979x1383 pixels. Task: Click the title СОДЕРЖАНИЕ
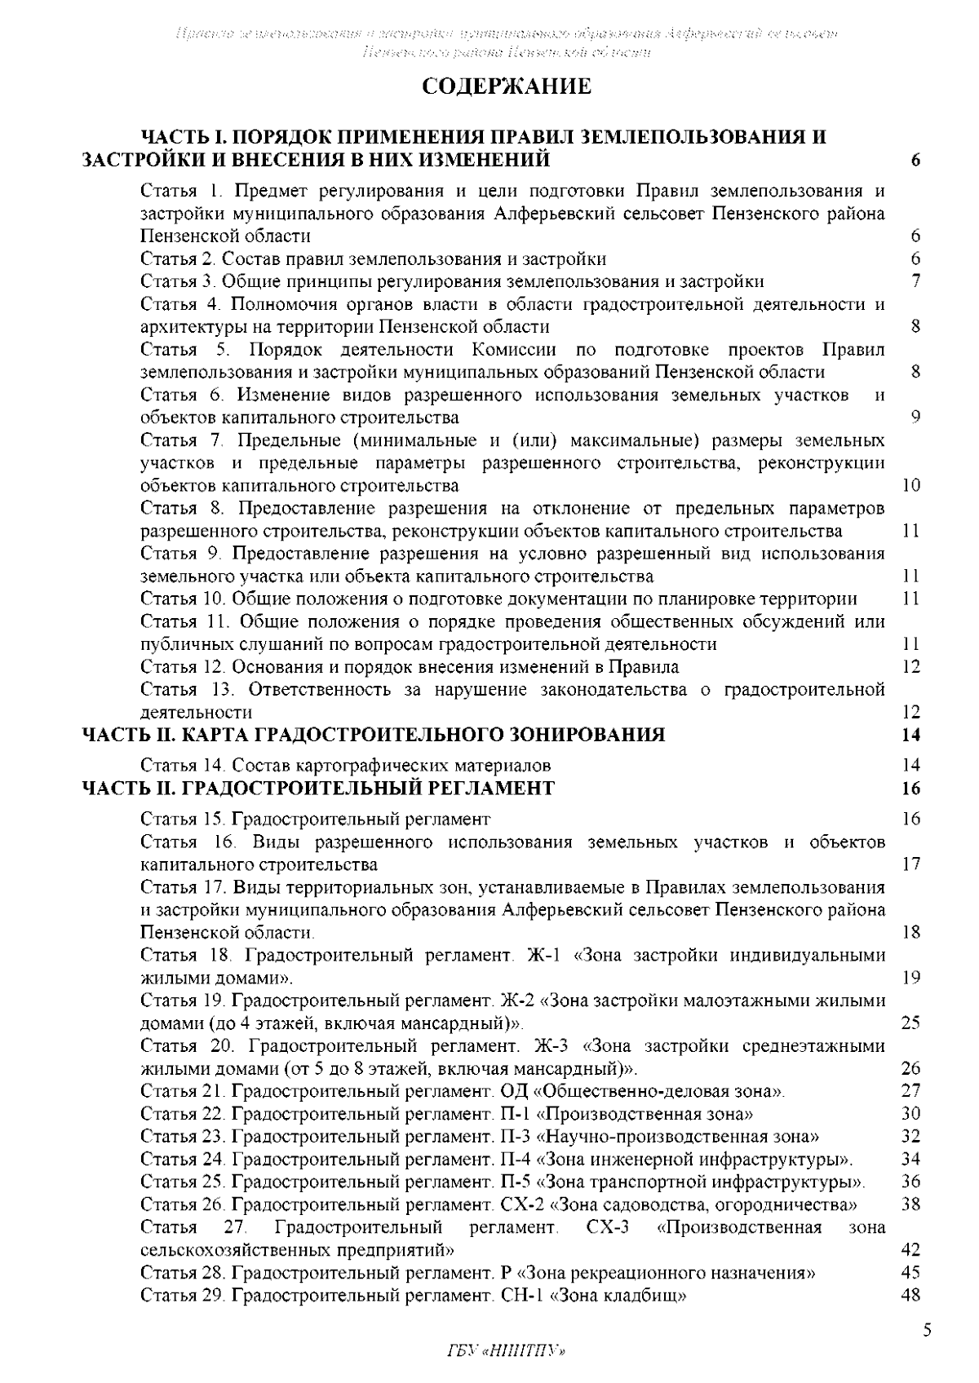506,86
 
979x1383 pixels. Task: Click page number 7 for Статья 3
916,281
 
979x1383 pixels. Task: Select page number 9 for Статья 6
915,418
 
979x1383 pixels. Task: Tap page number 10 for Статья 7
911,486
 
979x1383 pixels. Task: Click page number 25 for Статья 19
911,1023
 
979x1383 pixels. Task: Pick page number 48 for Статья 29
911,1295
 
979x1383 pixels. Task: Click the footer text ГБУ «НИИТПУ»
506,1352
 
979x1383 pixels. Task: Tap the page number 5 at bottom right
926,1332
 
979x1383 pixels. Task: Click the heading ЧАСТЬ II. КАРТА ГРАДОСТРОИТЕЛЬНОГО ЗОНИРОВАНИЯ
374,735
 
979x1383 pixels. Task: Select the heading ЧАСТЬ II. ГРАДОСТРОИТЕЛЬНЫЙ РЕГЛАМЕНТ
320,789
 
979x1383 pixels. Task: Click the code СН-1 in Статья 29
521,1295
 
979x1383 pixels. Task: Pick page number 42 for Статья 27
911,1250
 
